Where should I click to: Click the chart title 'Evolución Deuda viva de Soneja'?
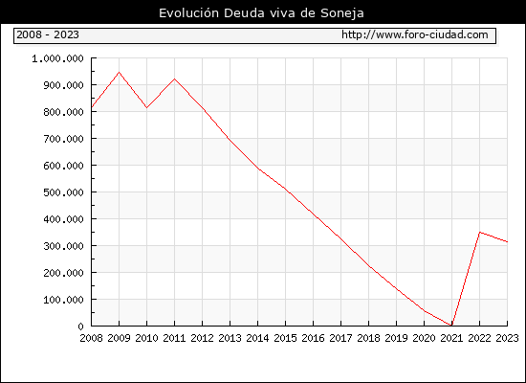point(261,13)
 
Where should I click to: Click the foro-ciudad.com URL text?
point(415,34)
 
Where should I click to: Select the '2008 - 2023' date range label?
point(48,34)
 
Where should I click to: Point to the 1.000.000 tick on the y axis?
point(57,58)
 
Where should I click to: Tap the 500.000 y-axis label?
point(63,192)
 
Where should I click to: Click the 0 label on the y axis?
point(80,327)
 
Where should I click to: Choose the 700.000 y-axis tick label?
point(63,139)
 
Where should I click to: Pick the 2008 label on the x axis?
point(91,338)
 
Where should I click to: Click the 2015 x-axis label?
point(286,338)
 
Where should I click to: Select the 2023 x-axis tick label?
point(507,338)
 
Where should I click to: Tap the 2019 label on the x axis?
point(396,338)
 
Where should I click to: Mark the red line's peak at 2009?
point(120,72)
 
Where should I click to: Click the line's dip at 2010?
point(146,108)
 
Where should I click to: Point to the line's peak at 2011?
point(174,79)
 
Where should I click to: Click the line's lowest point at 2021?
point(451,326)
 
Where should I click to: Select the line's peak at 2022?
point(480,232)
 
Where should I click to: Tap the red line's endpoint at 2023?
point(507,241)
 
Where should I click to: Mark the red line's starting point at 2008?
point(92,107)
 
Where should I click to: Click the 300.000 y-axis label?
point(63,246)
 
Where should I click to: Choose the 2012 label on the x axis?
point(203,338)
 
